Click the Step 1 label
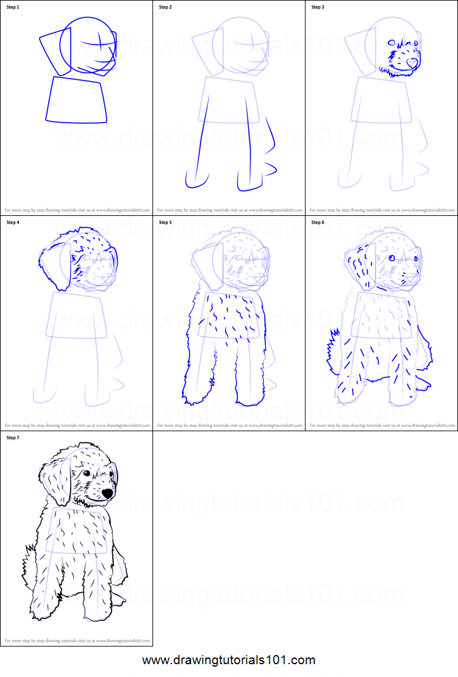pos(13,7)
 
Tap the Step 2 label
pos(166,7)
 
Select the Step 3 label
pos(318,7)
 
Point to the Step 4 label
pos(13,223)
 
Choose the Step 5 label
pos(166,223)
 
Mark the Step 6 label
pos(318,223)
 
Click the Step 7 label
pos(13,437)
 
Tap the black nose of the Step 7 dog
pos(107,492)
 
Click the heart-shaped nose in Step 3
pos(412,62)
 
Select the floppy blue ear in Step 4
pos(55,265)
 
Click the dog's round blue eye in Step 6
pos(392,259)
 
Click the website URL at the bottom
pos(229,660)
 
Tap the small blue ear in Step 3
pos(392,43)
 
